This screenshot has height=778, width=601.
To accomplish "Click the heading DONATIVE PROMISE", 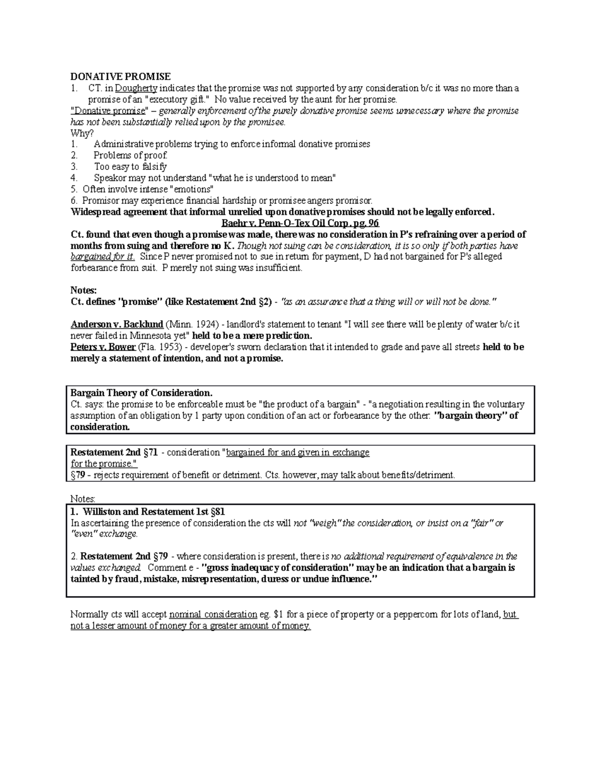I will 120,77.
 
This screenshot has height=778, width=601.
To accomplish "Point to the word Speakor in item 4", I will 110,178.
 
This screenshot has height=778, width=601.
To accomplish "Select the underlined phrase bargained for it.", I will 103,256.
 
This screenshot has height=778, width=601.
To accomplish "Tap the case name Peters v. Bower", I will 103,347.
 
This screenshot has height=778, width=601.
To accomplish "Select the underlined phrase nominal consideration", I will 213,615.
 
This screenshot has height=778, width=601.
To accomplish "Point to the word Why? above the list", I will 82,133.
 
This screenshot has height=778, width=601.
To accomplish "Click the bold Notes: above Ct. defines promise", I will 83,290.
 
